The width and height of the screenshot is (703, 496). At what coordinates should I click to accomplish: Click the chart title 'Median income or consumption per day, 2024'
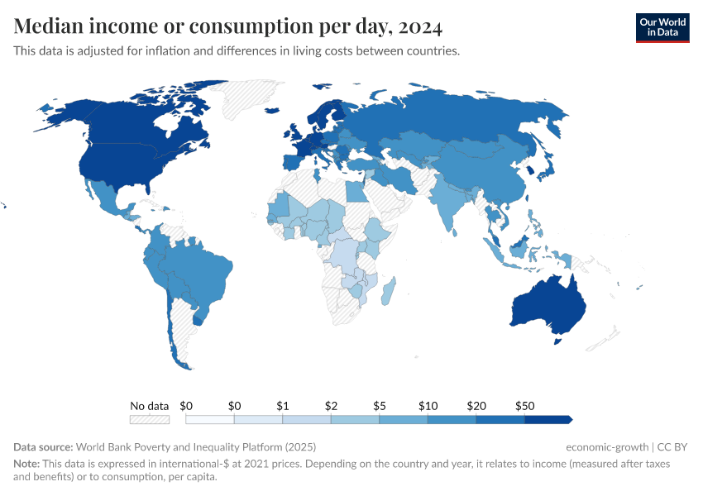pos(227,26)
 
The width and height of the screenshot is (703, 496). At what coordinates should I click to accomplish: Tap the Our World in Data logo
pos(662,27)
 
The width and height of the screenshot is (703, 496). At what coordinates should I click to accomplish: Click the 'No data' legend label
pos(149,406)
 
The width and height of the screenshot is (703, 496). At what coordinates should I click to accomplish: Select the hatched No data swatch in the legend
pos(149,420)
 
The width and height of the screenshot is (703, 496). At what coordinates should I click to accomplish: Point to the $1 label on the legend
pos(282,406)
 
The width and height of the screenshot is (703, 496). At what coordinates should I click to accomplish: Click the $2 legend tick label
pos(331,406)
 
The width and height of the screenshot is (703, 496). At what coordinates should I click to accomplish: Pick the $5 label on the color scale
pos(379,406)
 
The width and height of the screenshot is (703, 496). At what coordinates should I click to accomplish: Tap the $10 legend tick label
pos(428,406)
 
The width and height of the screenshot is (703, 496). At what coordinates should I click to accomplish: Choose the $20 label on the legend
pos(476,406)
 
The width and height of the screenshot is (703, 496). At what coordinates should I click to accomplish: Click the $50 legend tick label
pos(524,406)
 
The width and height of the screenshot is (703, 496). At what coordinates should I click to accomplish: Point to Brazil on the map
pos(198,269)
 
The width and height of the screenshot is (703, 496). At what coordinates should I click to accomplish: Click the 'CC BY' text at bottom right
pos(674,446)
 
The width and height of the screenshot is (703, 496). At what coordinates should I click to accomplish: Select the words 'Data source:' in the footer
pos(43,446)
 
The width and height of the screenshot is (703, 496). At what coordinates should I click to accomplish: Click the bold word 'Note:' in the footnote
pos(28,464)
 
